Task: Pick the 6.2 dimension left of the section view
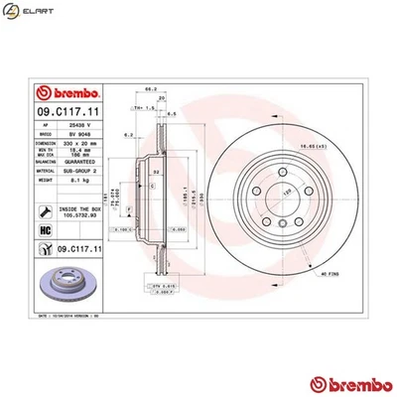point(128,132)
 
